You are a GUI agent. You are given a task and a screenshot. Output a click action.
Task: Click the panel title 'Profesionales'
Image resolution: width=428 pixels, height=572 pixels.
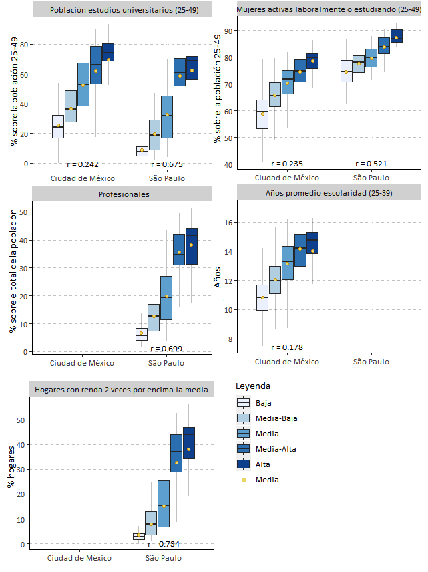[x=123, y=194]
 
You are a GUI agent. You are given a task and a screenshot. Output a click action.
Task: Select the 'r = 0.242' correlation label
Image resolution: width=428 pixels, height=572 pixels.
[x=83, y=164]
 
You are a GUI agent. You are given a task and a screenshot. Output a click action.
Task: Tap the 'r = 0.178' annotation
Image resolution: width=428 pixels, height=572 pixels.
[x=287, y=347]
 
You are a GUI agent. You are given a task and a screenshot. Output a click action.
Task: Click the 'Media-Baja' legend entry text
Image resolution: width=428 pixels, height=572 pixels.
[x=276, y=418]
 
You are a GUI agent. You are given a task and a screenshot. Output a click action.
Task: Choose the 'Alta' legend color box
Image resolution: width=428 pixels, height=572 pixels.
[x=244, y=464]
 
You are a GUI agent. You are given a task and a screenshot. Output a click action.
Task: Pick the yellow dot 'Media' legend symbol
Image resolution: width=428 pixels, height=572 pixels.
[x=244, y=480]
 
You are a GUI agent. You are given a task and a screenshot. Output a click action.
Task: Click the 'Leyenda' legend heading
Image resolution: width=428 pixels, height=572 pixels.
[x=253, y=386]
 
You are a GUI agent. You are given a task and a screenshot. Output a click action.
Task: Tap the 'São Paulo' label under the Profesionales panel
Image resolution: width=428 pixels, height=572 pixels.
[x=166, y=363]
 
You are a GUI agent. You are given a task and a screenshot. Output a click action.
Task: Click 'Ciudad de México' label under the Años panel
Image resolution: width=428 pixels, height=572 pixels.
[x=287, y=362]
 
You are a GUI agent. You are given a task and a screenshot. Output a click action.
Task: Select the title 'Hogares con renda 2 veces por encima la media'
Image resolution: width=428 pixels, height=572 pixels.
[x=123, y=390]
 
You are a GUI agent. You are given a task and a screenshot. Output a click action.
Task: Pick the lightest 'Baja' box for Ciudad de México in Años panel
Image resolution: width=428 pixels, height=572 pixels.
[x=262, y=297]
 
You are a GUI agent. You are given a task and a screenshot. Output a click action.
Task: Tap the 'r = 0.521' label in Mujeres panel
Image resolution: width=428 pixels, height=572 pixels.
[x=371, y=164]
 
